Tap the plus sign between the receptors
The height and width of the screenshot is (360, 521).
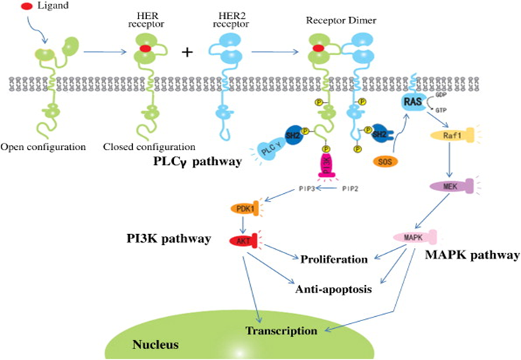(x=187, y=52)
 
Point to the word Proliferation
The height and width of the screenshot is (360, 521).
(x=334, y=258)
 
